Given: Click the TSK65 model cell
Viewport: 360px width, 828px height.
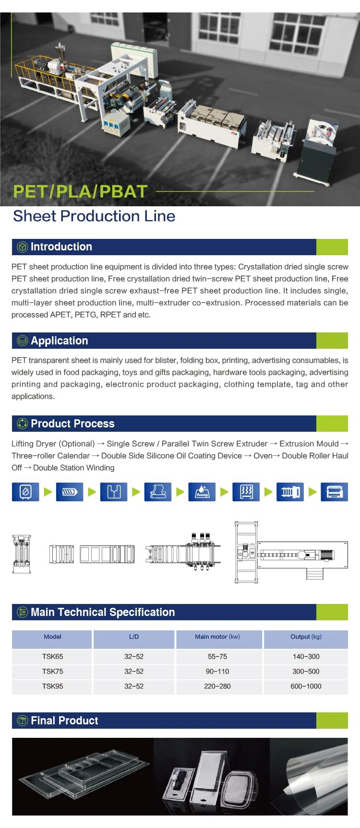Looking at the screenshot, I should coord(52,656).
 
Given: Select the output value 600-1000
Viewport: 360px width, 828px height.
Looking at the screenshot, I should coord(306,686).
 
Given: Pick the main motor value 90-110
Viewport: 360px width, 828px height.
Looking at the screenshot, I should coord(217,671).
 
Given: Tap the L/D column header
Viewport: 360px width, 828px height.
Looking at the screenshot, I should coord(134,637).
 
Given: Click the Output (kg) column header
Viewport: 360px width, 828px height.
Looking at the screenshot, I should coord(306,637).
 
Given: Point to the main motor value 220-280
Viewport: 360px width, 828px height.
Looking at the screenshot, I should coord(217,686).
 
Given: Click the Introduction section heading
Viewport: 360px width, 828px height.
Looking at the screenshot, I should coord(61,247).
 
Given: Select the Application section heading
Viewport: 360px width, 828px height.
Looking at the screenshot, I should coord(59,341).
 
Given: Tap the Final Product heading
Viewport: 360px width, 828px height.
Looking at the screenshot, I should coord(64,721).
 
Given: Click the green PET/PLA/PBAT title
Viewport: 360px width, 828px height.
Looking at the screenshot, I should coord(80,191).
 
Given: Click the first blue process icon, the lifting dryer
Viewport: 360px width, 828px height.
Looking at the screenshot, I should coord(25,492).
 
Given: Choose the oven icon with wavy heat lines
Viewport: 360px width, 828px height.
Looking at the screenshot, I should coord(246,492).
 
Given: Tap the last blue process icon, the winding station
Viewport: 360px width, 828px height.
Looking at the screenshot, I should coord(334,492).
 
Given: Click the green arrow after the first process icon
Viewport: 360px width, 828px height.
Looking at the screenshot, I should coord(48,492).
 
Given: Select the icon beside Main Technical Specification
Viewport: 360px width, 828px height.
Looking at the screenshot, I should coord(22,612).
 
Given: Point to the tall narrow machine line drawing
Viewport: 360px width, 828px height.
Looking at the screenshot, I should coord(22,554).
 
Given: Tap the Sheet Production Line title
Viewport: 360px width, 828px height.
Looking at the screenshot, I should coord(94,216).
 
